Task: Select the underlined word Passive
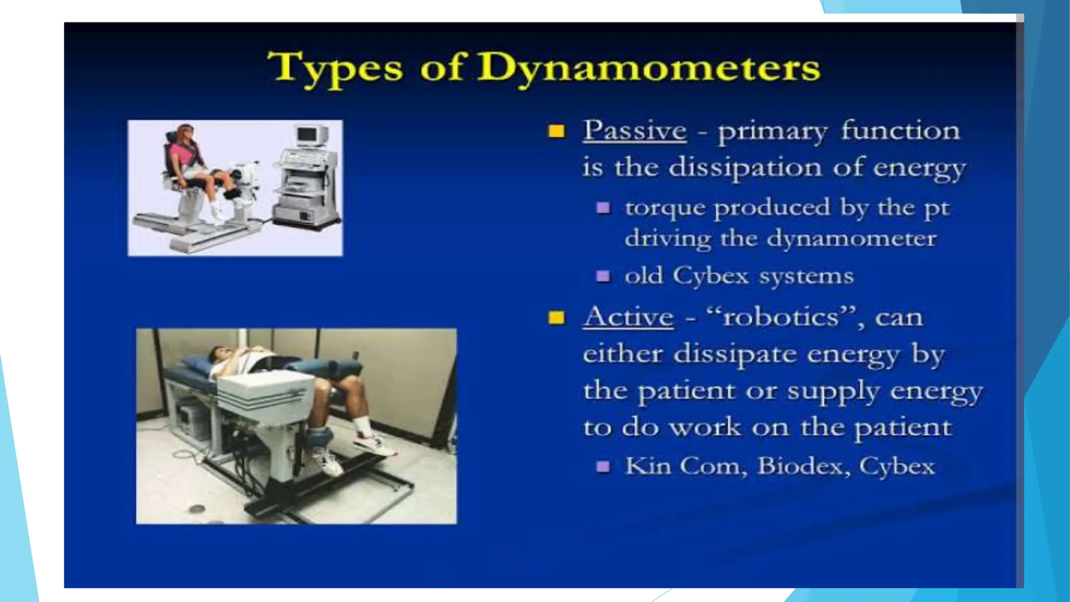click(x=634, y=131)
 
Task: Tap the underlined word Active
click(x=629, y=317)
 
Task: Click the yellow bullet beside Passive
click(x=556, y=131)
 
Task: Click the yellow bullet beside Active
click(x=556, y=318)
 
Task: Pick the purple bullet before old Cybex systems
click(x=603, y=275)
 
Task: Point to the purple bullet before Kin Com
click(x=603, y=466)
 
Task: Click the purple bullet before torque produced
click(x=603, y=208)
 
